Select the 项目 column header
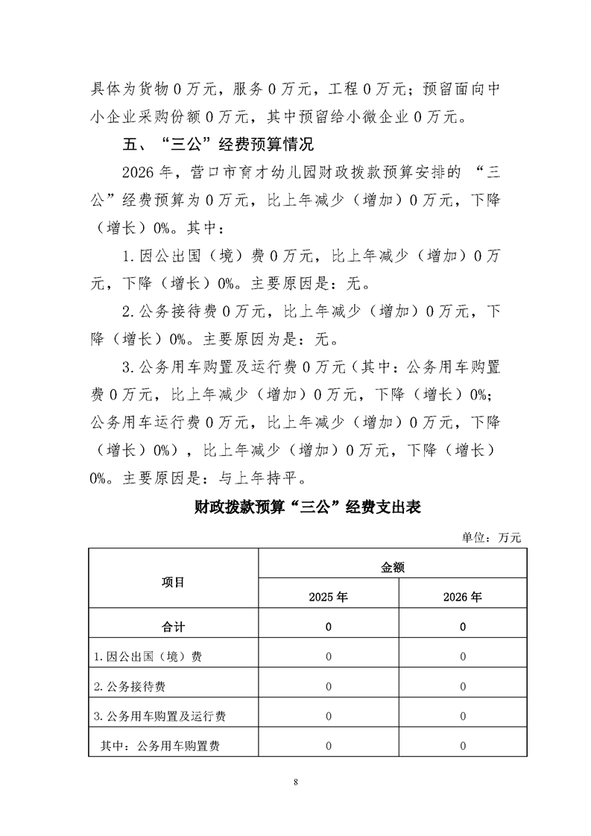tap(174, 582)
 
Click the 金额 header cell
tap(393, 567)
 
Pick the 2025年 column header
tap(329, 597)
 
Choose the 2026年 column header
tap(463, 597)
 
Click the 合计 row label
tap(174, 627)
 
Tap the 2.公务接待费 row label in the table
tap(135, 686)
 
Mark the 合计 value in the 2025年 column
tap(329, 627)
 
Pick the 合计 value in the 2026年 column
tap(463, 627)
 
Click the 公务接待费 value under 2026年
tap(463, 686)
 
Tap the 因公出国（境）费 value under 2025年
tap(329, 656)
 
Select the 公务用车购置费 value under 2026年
tap(463, 746)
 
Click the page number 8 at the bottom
tap(296, 782)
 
